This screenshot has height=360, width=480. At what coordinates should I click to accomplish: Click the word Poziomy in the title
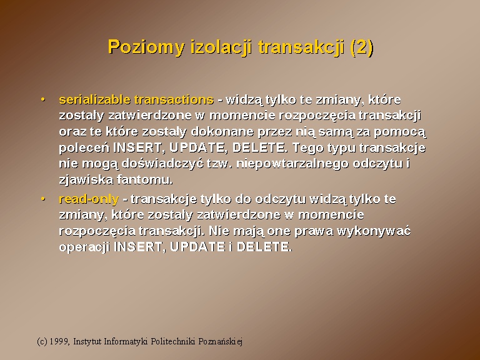(147, 47)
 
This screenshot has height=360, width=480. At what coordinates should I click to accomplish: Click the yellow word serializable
(95, 100)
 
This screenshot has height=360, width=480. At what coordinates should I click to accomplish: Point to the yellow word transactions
(174, 100)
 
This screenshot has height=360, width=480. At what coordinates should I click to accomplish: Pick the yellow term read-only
(89, 199)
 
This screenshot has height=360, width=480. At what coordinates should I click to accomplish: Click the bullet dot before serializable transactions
(43, 99)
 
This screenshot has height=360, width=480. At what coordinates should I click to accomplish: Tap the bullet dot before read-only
(43, 199)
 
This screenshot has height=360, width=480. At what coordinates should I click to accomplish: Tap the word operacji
(84, 247)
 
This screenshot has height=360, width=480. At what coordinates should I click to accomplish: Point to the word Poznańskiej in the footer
(221, 341)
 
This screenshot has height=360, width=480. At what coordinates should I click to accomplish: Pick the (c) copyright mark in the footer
(42, 341)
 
